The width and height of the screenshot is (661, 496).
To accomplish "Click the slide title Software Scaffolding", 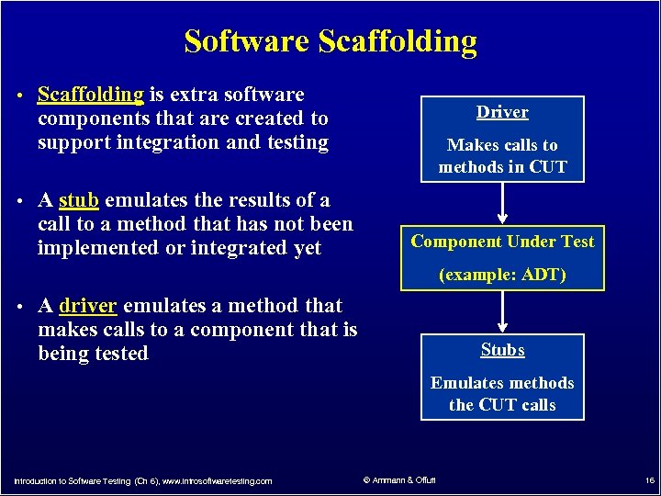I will click(330, 41).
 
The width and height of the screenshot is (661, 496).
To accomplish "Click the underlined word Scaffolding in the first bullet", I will click(90, 95).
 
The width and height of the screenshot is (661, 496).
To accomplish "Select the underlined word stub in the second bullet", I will click(79, 200).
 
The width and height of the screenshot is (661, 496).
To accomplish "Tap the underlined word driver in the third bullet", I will click(88, 306).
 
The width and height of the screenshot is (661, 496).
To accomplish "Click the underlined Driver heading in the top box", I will click(502, 112).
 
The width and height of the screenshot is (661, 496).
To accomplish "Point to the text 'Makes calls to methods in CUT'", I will click(502, 156).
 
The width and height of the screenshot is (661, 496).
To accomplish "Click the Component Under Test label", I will click(502, 242).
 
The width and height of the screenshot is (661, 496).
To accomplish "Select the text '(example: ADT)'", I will click(502, 275).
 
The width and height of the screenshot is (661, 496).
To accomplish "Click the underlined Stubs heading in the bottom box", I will click(502, 350).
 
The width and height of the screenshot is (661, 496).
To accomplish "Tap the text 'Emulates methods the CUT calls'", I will click(502, 394).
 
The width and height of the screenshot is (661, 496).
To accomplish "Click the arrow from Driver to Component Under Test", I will click(502, 202).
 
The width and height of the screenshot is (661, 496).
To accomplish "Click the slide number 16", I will click(649, 480).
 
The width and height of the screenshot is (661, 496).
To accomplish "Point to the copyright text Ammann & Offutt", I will click(400, 480).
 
